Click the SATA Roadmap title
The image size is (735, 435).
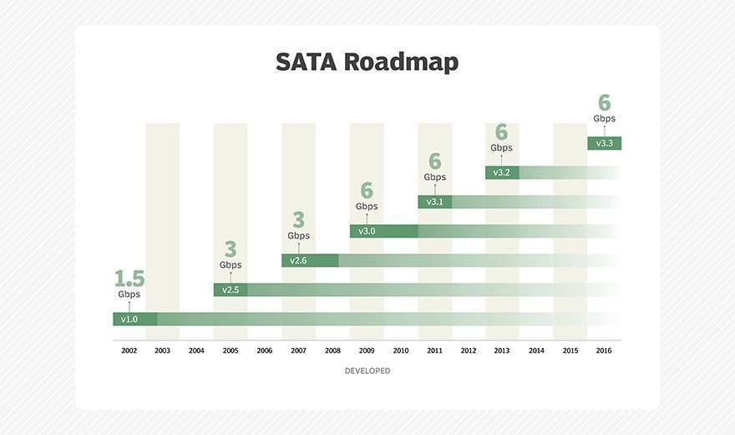point(367,63)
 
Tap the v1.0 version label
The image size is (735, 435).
point(129,320)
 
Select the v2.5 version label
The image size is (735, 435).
point(231,290)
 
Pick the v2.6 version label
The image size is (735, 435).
point(298,261)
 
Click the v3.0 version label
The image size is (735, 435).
point(367,232)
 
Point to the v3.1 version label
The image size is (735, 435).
point(434,202)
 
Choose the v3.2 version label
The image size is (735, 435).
point(502,173)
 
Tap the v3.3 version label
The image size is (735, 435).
point(604,144)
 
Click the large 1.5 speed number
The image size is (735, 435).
point(129,279)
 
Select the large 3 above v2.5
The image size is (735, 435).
point(231,249)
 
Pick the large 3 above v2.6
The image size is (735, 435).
point(298,220)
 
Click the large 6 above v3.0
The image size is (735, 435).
point(367,191)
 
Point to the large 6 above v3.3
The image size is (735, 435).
point(604,103)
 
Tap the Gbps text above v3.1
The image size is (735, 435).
point(434,177)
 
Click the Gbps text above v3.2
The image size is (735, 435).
point(502,148)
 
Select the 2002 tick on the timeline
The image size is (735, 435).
point(129,351)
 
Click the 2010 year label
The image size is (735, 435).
point(400,351)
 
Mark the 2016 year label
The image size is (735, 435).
point(604,351)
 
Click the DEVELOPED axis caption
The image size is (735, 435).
point(367,371)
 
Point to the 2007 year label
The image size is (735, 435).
point(298,351)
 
